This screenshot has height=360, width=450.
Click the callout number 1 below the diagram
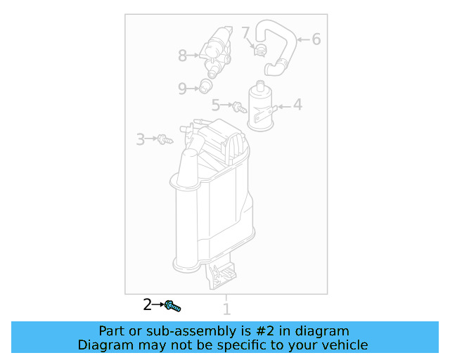226,309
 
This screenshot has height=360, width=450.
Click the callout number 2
147,304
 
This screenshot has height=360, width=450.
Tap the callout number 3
141,139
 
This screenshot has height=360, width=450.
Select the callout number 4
297,105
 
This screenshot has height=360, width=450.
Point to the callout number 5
217,105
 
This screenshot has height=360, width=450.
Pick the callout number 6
316,39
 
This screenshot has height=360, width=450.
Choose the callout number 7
245,32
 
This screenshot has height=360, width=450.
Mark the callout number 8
183,54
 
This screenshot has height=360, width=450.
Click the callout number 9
182,88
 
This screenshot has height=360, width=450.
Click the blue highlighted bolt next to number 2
172,305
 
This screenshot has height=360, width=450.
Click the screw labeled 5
239,107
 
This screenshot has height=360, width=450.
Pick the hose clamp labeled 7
259,49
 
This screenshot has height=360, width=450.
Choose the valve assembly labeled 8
214,51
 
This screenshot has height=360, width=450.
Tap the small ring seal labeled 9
205,86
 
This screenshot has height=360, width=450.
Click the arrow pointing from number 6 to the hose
302,39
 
